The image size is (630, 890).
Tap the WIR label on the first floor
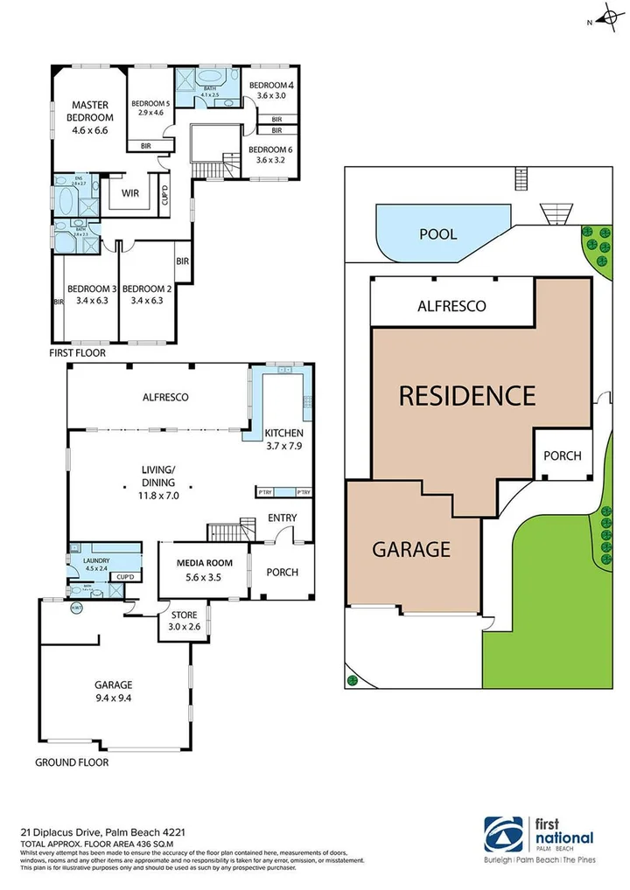click(x=131, y=192)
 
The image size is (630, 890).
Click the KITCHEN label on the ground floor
click(x=284, y=433)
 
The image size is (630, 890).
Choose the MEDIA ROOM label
click(x=202, y=562)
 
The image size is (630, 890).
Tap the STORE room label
click(x=183, y=615)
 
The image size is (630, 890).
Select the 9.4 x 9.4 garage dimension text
click(x=113, y=699)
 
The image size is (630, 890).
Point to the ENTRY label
click(x=283, y=518)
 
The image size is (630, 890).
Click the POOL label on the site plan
click(x=438, y=235)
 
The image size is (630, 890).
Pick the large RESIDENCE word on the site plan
click(x=466, y=396)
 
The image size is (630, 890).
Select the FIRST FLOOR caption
click(x=78, y=353)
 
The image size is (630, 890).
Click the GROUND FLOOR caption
click(x=72, y=762)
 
